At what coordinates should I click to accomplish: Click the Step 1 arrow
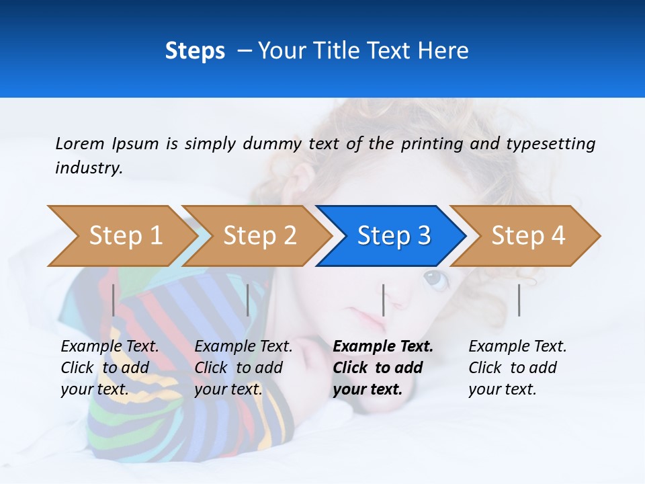[121, 236]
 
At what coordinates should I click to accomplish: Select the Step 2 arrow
[259, 236]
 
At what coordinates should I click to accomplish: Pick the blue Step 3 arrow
[393, 236]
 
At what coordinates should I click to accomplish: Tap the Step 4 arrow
[527, 236]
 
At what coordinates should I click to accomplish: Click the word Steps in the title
[195, 50]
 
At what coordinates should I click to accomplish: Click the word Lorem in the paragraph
[79, 143]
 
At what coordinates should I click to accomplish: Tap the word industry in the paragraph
[88, 168]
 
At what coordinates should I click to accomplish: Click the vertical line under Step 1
[114, 300]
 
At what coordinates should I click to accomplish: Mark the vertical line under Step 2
[248, 300]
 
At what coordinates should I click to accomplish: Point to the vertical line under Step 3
[383, 300]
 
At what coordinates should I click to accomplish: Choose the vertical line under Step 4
[519, 300]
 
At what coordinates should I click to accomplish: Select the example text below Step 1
[110, 368]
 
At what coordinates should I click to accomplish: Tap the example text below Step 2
[244, 368]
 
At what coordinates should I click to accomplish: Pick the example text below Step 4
[517, 368]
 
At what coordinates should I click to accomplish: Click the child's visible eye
[435, 279]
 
